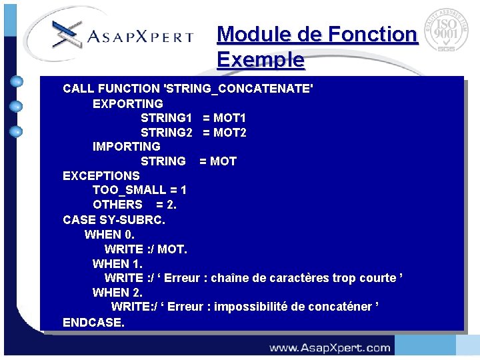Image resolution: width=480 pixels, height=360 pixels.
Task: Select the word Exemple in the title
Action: coord(261,60)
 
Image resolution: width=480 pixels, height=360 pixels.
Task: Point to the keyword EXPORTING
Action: coord(127,103)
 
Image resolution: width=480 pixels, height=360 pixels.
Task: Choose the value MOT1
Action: coord(229,118)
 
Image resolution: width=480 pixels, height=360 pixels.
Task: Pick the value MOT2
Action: coord(229,133)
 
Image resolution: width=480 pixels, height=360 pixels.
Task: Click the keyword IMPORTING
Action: coord(126,147)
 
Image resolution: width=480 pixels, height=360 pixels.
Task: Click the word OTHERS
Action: coord(117,205)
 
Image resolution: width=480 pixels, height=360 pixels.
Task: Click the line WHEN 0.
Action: coord(109,235)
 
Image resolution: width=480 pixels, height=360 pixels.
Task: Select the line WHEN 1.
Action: coord(117,264)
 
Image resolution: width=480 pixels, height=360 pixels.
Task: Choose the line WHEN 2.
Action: coord(117,293)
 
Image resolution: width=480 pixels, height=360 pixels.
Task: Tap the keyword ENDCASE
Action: coord(93,323)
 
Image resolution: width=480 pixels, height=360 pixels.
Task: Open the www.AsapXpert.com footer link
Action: coord(329,347)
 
